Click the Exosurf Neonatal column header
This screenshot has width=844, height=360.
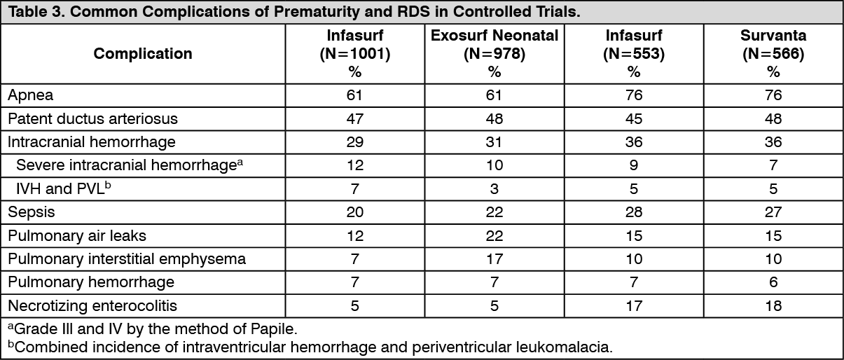494,36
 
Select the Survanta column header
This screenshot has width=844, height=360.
773,36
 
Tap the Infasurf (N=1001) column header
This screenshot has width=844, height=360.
355,36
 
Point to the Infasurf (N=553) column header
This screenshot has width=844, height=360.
634,36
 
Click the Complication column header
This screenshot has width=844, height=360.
143,53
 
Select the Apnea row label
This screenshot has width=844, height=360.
31,95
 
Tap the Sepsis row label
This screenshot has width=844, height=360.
32,212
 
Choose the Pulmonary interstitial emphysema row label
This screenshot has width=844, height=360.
127,258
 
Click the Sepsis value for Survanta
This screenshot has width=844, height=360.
773,212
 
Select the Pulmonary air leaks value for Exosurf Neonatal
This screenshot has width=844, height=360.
494,235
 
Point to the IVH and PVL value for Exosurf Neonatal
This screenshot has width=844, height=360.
494,188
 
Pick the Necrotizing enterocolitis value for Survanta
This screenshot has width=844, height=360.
773,305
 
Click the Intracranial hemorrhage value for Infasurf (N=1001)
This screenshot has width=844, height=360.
355,141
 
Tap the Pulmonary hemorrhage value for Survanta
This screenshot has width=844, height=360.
773,282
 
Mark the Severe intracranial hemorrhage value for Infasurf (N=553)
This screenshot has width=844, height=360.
634,165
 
